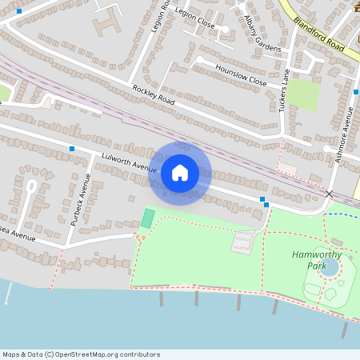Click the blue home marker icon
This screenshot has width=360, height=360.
(x=180, y=173)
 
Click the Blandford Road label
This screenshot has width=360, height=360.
(x=318, y=35)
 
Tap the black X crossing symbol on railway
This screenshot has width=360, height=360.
(x=329, y=194)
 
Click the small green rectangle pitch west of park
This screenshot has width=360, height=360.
(x=147, y=218)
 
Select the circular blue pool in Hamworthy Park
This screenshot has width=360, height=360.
(x=329, y=267)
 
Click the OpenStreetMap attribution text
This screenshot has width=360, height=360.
(x=81, y=354)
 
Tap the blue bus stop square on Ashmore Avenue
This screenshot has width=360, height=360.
(x=355, y=93)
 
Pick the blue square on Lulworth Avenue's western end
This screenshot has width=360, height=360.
(x=72, y=149)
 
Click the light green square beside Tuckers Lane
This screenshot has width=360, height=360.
(x=303, y=95)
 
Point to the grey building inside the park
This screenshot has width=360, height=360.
(x=242, y=241)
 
